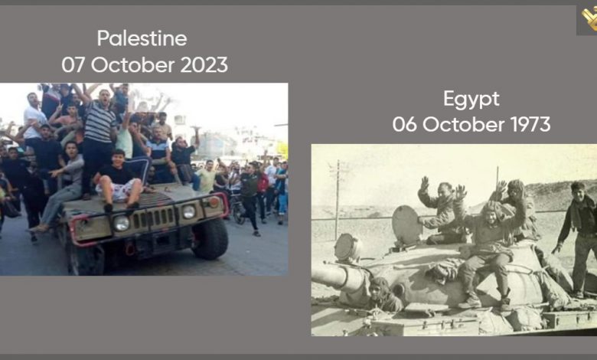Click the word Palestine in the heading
(x=142, y=38)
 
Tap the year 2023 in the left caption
(x=204, y=65)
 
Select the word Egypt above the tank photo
(x=471, y=100)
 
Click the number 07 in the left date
(x=73, y=65)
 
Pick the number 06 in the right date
(x=404, y=125)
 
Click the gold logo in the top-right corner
(x=589, y=19)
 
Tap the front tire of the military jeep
(x=210, y=238)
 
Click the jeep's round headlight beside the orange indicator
(x=189, y=212)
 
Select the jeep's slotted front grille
(x=153, y=218)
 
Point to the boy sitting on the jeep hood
(x=118, y=180)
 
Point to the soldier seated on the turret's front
(x=488, y=251)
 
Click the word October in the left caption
(x=132, y=65)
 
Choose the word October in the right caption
(x=463, y=125)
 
